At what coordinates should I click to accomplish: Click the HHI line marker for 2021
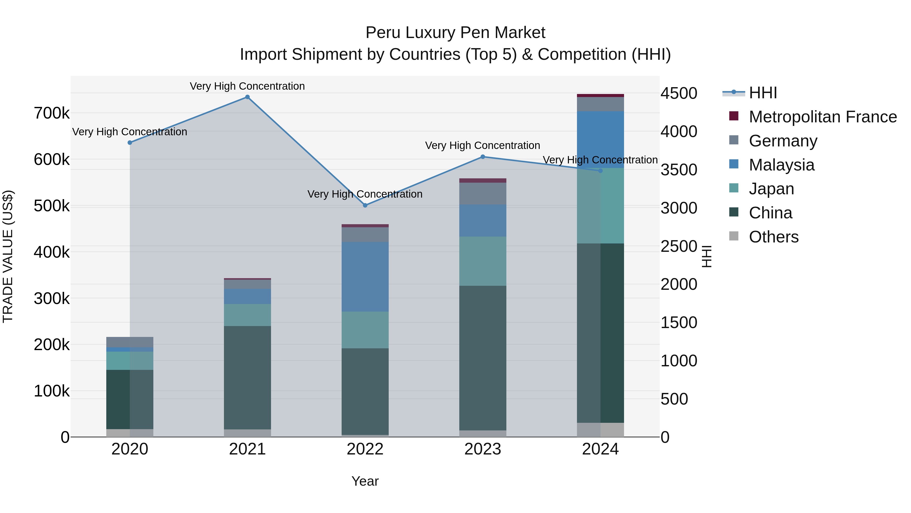point(247,97)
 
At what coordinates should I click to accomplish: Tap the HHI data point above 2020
point(130,143)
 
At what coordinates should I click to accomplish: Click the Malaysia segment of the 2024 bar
point(600,140)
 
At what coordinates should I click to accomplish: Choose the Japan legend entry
point(771,189)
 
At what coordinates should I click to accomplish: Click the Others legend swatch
point(734,236)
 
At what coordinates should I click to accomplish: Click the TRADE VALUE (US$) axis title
point(8,256)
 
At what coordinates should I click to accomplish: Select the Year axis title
point(365,481)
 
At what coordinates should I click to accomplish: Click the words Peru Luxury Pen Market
point(455,33)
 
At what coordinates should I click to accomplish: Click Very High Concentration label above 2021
point(247,86)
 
